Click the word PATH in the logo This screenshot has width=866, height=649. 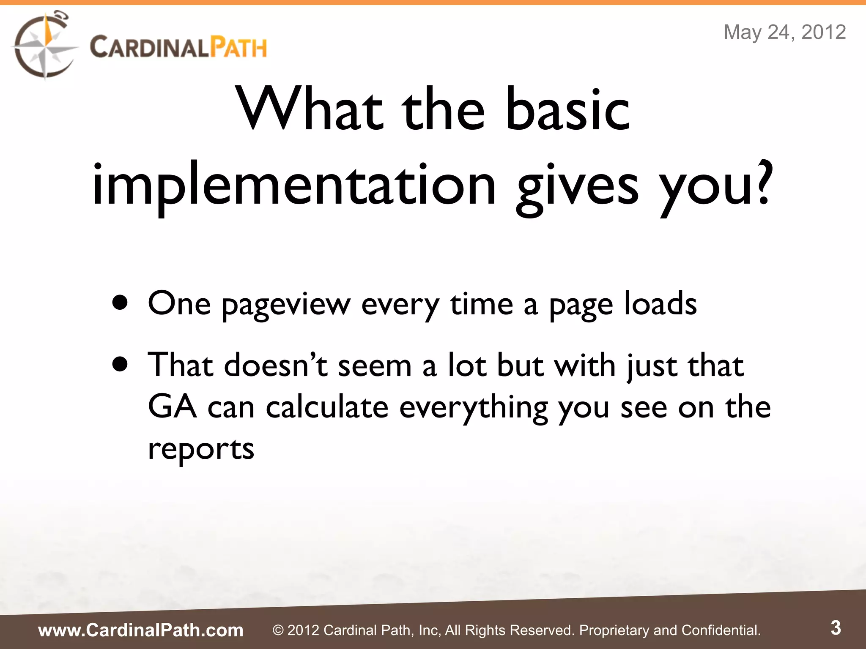point(239,47)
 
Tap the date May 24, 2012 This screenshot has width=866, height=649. point(784,32)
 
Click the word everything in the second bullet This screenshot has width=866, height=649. point(474,408)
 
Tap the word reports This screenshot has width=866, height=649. point(201,449)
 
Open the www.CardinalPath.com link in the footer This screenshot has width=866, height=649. point(141,630)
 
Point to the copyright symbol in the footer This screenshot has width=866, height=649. point(278,630)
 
